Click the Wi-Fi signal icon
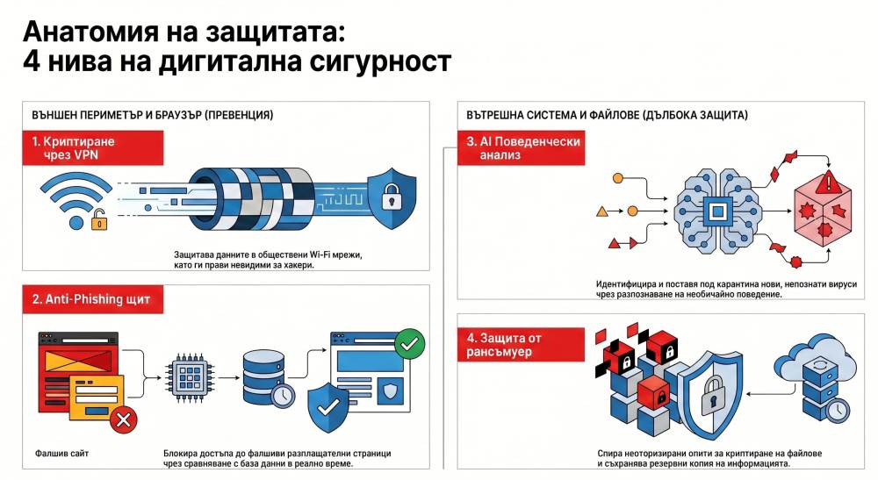click(x=75, y=198)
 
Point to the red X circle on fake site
click(x=123, y=421)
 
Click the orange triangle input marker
click(x=601, y=211)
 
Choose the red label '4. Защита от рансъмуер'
click(x=521, y=344)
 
